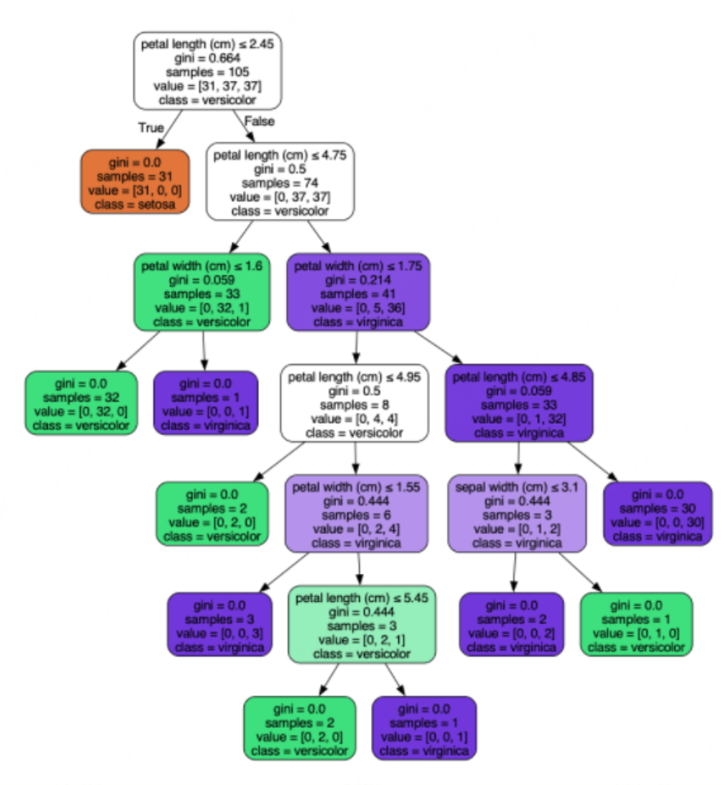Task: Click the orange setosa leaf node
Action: pyautogui.click(x=136, y=182)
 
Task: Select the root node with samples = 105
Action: pyautogui.click(x=208, y=72)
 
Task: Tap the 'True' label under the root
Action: pyautogui.click(x=150, y=128)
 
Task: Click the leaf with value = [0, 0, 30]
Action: pyautogui.click(x=657, y=514)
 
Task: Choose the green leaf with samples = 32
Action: pyautogui.click(x=81, y=402)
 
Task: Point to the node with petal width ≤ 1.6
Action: pyautogui.click(x=204, y=292)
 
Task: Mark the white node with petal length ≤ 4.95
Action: pyautogui.click(x=354, y=404)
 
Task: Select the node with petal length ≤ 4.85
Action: pyautogui.click(x=518, y=404)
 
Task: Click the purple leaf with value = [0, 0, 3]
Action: pyautogui.click(x=220, y=625)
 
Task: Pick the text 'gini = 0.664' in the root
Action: pyautogui.click(x=208, y=59)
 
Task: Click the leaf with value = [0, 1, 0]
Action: pyautogui.click(x=636, y=625)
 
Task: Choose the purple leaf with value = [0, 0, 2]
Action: pyautogui.click(x=511, y=625)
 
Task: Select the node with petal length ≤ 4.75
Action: pyautogui.click(x=280, y=182)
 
